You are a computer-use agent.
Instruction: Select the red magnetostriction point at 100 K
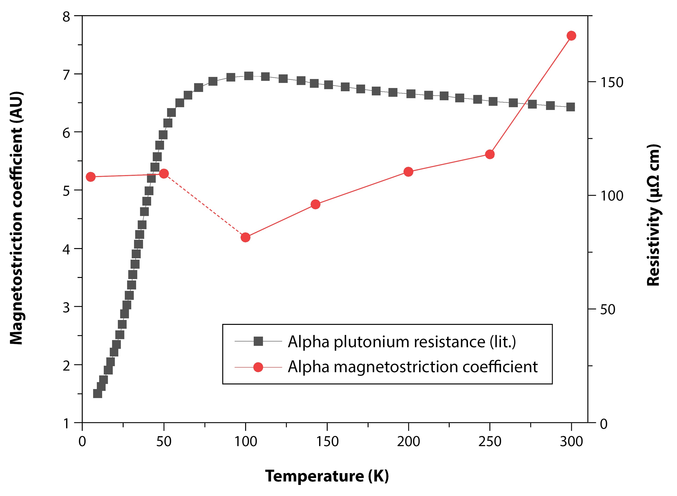245,237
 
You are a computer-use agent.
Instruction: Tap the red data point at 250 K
490,155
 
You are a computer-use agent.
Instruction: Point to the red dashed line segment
204,205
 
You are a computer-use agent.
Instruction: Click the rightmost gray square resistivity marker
570,107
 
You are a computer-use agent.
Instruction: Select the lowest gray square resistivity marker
98,394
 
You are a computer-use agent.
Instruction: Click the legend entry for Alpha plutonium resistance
402,342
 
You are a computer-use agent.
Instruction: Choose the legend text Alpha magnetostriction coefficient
412,367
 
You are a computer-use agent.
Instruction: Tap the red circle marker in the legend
258,367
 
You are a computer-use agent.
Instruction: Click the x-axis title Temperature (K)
327,476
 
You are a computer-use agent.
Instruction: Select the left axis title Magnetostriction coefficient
16,218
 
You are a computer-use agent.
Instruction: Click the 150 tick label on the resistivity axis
612,82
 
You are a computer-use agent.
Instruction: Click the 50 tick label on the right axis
608,310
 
